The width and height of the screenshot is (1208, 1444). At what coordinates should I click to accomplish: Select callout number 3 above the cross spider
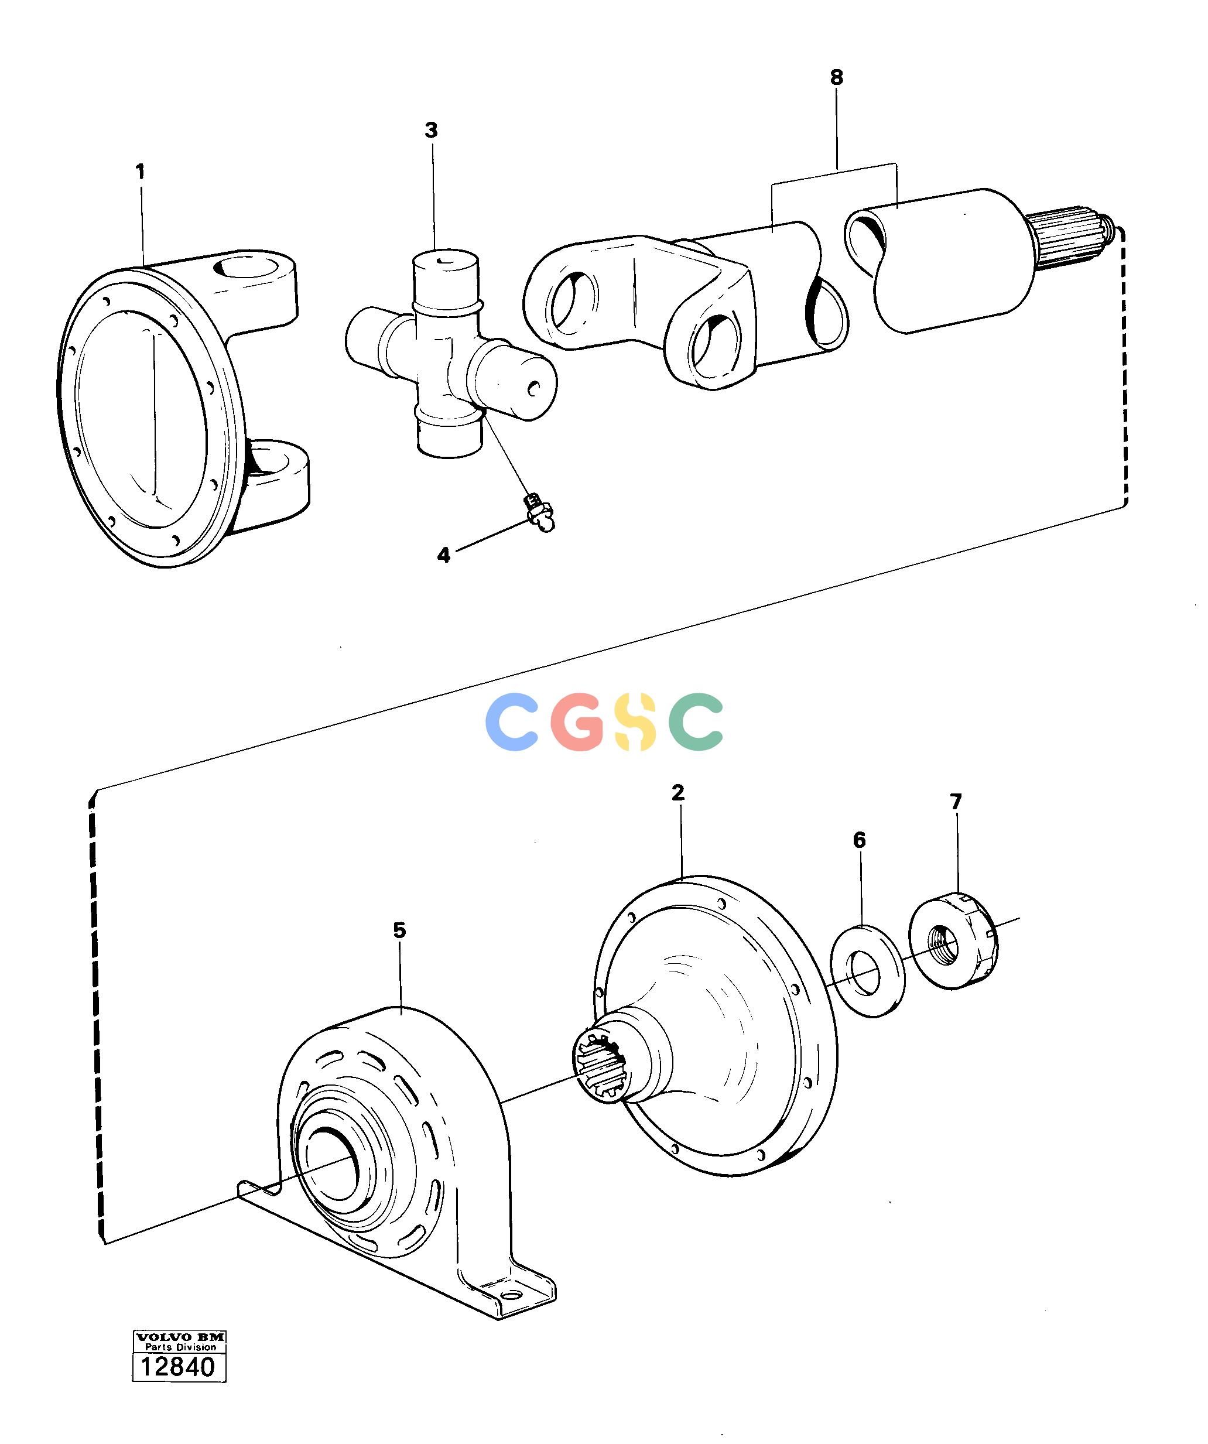[x=431, y=130]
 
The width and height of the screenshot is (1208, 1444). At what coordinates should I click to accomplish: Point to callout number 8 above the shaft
[x=836, y=77]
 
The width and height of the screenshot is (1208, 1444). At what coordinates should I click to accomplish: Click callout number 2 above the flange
[x=679, y=793]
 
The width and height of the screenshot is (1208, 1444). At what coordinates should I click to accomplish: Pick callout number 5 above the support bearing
[x=399, y=930]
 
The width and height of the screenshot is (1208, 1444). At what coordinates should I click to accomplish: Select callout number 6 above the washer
[x=860, y=840]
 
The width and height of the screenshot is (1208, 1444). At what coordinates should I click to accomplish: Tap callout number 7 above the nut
[x=956, y=802]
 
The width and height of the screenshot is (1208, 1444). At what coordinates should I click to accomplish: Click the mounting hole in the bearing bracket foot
[x=509, y=1295]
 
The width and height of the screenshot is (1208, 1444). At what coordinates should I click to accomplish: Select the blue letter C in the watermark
[x=512, y=721]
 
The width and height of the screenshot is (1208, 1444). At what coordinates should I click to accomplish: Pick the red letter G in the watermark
[x=578, y=721]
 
